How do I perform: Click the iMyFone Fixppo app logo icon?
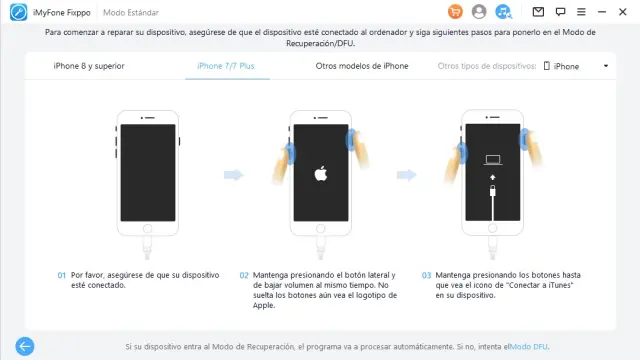18,12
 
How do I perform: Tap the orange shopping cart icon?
455,11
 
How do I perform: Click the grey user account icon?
479,11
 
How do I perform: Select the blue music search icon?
503,11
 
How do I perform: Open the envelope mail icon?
538,12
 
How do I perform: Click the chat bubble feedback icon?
560,12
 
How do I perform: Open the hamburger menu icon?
581,12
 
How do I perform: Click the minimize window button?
602,12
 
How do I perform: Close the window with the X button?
622,12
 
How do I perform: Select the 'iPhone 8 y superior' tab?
89,66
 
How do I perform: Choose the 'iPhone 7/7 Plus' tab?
226,66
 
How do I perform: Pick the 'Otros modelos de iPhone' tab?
362,66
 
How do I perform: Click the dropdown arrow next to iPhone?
606,66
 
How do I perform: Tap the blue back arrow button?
25,346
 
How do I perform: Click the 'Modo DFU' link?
529,347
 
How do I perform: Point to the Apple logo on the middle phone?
321,173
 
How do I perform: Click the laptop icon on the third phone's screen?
493,160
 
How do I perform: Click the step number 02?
244,276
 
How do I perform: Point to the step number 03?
426,276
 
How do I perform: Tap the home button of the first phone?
147,229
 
